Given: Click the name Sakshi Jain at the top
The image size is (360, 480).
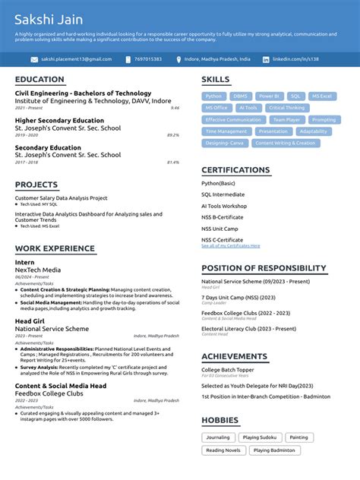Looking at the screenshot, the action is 49,19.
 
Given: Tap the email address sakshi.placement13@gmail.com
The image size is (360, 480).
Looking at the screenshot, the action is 76,59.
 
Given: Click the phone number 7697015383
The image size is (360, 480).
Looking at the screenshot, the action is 147,59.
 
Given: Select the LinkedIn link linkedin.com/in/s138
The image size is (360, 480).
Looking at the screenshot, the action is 295,59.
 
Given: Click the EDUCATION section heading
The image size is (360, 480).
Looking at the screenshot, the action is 39,80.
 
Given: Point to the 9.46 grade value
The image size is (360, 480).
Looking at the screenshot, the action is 175,108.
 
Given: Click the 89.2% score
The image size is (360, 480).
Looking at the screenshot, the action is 173,135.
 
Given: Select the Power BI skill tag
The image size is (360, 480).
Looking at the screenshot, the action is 269,96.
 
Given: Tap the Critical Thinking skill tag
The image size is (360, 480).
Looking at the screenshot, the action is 286,108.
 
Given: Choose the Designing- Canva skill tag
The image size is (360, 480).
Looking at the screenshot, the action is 224,143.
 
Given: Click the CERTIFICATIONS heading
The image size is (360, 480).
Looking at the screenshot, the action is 235,170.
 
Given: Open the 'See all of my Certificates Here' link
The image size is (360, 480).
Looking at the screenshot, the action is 230,246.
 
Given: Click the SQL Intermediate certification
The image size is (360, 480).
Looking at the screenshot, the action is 223,194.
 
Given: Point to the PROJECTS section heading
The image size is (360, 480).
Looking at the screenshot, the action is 36,185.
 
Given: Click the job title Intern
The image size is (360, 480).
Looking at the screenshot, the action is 25,262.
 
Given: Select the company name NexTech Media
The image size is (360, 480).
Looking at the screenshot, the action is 38,270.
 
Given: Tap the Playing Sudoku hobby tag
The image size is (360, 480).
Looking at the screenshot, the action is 261,438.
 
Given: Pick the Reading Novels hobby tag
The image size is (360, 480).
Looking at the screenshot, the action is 223,450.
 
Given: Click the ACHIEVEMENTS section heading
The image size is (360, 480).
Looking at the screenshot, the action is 234,356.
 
